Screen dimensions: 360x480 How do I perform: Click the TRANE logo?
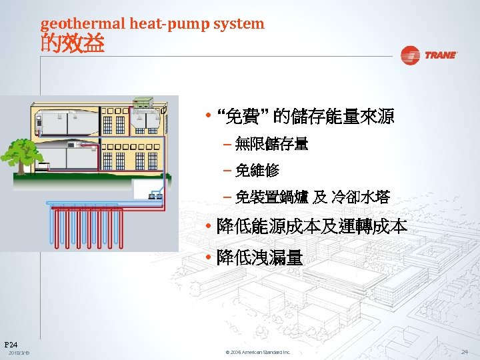(429, 55)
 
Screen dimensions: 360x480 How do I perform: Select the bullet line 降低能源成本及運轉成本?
(311, 227)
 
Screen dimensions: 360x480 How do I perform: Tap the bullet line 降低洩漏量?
(259, 257)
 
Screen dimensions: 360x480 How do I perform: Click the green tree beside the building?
(19, 151)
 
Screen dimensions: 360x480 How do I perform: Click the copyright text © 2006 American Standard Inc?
(258, 352)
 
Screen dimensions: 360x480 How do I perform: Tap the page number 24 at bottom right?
(464, 351)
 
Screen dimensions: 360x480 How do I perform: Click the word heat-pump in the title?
(169, 24)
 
